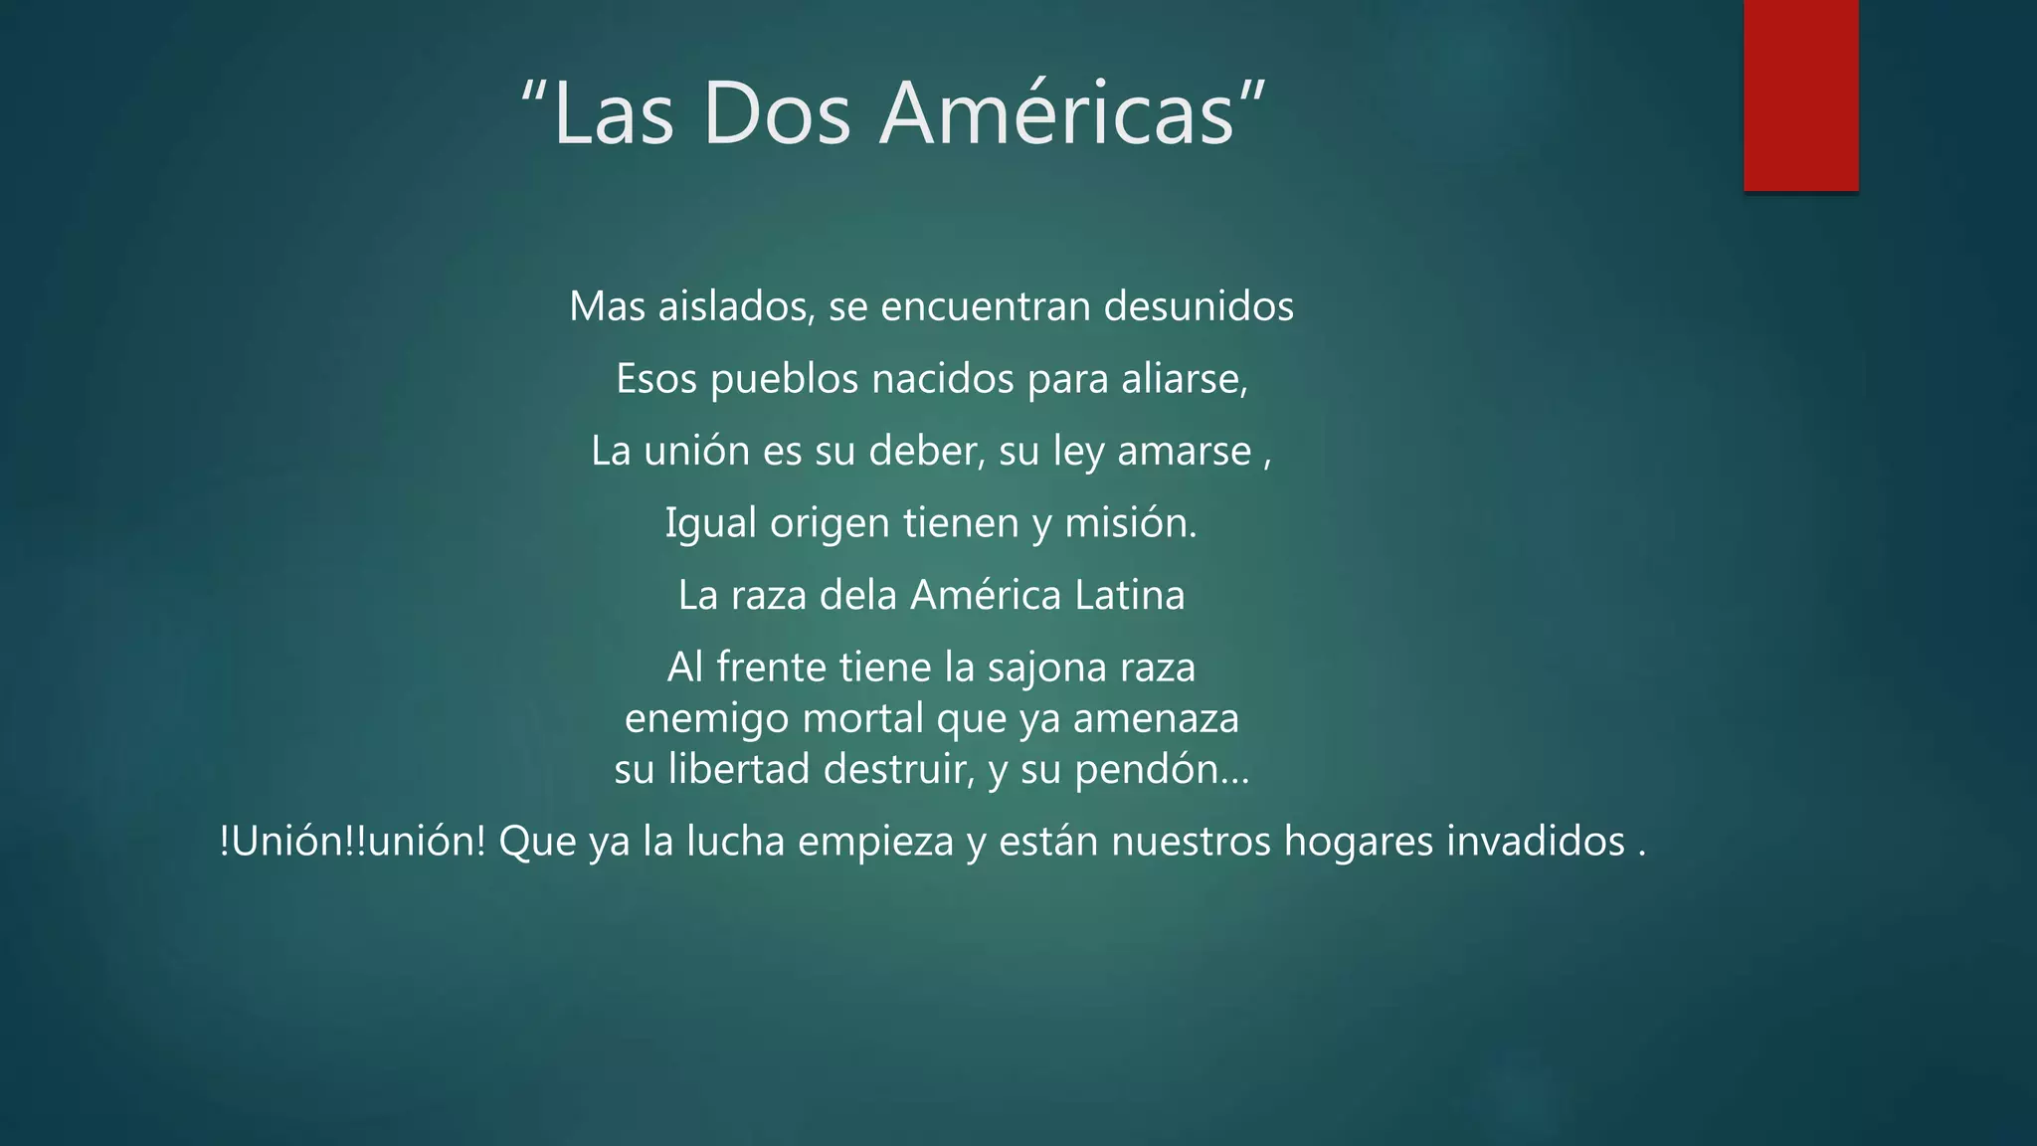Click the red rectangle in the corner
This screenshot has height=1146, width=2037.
click(x=1800, y=95)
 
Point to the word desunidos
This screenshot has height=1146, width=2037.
click(x=1199, y=306)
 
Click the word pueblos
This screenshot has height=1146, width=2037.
click(x=784, y=380)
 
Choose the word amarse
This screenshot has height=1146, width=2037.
click(x=1184, y=452)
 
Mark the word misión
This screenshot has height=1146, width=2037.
click(x=1131, y=523)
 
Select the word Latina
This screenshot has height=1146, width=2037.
click(x=1130, y=596)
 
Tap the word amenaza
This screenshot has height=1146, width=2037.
click(x=1156, y=719)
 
